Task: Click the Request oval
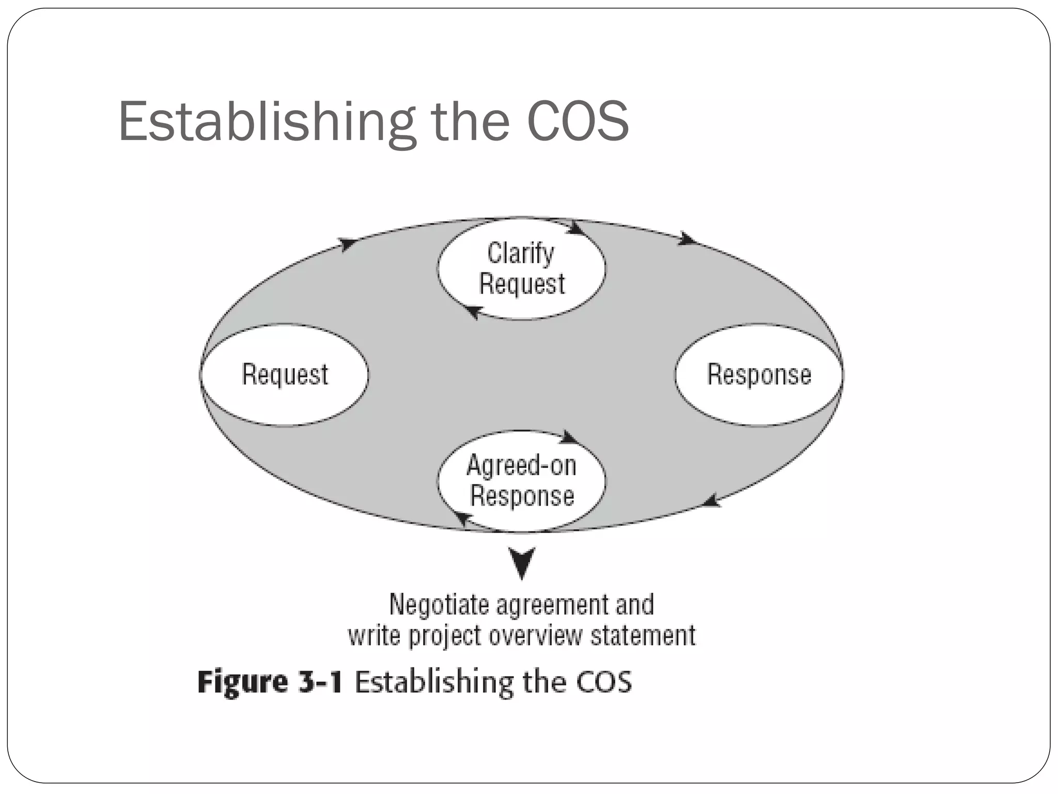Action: point(285,375)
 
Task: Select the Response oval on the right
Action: point(759,375)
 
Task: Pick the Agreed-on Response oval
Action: point(522,481)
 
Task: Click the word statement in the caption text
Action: point(643,635)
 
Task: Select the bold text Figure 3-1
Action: point(270,682)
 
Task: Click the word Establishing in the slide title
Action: point(266,121)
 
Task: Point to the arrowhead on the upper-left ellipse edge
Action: point(348,243)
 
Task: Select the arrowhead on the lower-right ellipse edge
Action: point(712,500)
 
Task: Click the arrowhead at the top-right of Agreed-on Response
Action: point(569,437)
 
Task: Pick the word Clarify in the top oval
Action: point(520,254)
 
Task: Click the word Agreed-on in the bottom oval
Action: point(521,465)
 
